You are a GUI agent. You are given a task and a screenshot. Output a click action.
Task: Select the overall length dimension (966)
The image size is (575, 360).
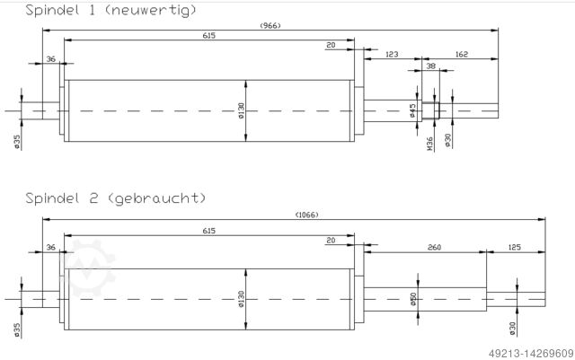coord(270,25)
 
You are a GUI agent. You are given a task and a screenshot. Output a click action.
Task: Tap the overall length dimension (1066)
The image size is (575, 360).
coord(307,214)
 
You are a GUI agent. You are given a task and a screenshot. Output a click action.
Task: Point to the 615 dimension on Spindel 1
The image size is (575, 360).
coord(208,35)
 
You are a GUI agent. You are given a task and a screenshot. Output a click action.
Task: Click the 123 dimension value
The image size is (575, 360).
coord(392,56)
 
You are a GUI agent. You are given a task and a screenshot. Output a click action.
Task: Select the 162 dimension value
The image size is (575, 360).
coord(462,56)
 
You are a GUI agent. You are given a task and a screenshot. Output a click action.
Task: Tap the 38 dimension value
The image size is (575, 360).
coord(430,66)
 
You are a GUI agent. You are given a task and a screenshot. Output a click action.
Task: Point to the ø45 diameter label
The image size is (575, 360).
coord(412,110)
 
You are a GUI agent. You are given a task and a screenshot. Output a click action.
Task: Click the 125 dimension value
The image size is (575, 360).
coord(515,246)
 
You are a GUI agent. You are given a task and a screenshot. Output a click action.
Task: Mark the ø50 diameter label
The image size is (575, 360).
coord(412,299)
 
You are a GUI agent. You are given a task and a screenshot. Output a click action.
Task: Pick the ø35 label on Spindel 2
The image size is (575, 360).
coord(17,330)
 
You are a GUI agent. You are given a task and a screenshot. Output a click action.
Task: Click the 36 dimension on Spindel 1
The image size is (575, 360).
coord(51,59)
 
